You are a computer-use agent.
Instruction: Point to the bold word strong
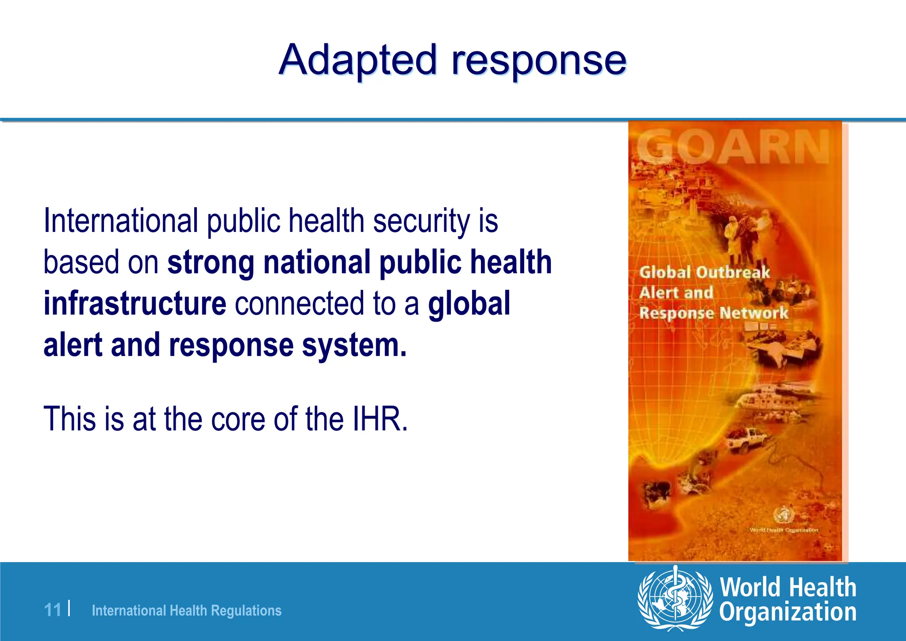pos(211,262)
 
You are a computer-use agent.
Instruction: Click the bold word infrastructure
pos(135,303)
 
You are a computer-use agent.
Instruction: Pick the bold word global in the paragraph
pos(469,304)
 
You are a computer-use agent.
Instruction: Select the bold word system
pos(354,345)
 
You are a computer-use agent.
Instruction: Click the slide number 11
pos(53,610)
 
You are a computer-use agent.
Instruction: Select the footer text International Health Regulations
pos(186,611)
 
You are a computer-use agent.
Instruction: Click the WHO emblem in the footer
pos(675,599)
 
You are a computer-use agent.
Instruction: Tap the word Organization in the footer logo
pos(787,612)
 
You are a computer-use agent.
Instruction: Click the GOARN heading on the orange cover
pos(733,147)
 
